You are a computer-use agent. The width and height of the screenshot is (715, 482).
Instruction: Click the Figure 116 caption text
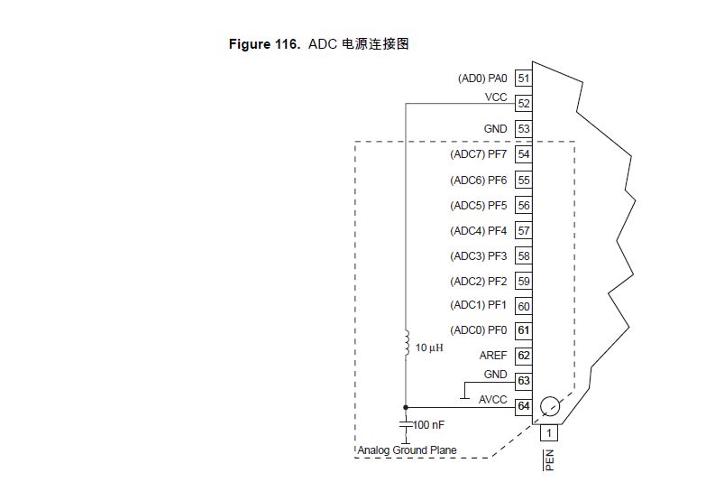point(319,43)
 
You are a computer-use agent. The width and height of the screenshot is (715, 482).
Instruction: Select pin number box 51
point(523,79)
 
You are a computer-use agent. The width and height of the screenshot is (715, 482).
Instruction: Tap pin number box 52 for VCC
point(523,104)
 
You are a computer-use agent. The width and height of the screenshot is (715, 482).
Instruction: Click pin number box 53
point(523,129)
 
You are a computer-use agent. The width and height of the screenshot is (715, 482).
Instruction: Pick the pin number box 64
point(523,407)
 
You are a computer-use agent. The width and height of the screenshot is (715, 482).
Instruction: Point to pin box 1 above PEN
point(548,433)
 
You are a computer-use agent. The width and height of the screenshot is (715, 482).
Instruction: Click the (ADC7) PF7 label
point(478,154)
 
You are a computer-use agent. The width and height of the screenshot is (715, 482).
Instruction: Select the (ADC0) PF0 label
point(478,331)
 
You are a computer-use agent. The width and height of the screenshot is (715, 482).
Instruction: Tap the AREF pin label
point(493,357)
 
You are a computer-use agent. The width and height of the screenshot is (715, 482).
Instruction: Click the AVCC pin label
point(493,400)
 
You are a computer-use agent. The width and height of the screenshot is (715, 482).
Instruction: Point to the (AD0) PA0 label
point(482,79)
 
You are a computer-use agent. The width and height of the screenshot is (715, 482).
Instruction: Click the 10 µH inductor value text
point(429,348)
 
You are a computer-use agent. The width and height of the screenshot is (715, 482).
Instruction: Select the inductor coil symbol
point(407,340)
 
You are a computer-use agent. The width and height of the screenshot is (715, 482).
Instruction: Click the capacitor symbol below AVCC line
point(406,423)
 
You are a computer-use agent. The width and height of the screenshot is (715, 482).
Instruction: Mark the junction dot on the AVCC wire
point(406,407)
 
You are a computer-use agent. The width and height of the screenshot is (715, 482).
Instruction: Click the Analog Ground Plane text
point(407,450)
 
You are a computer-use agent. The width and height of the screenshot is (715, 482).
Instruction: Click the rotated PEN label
point(548,461)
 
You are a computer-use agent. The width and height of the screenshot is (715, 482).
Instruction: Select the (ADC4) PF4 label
point(478,230)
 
